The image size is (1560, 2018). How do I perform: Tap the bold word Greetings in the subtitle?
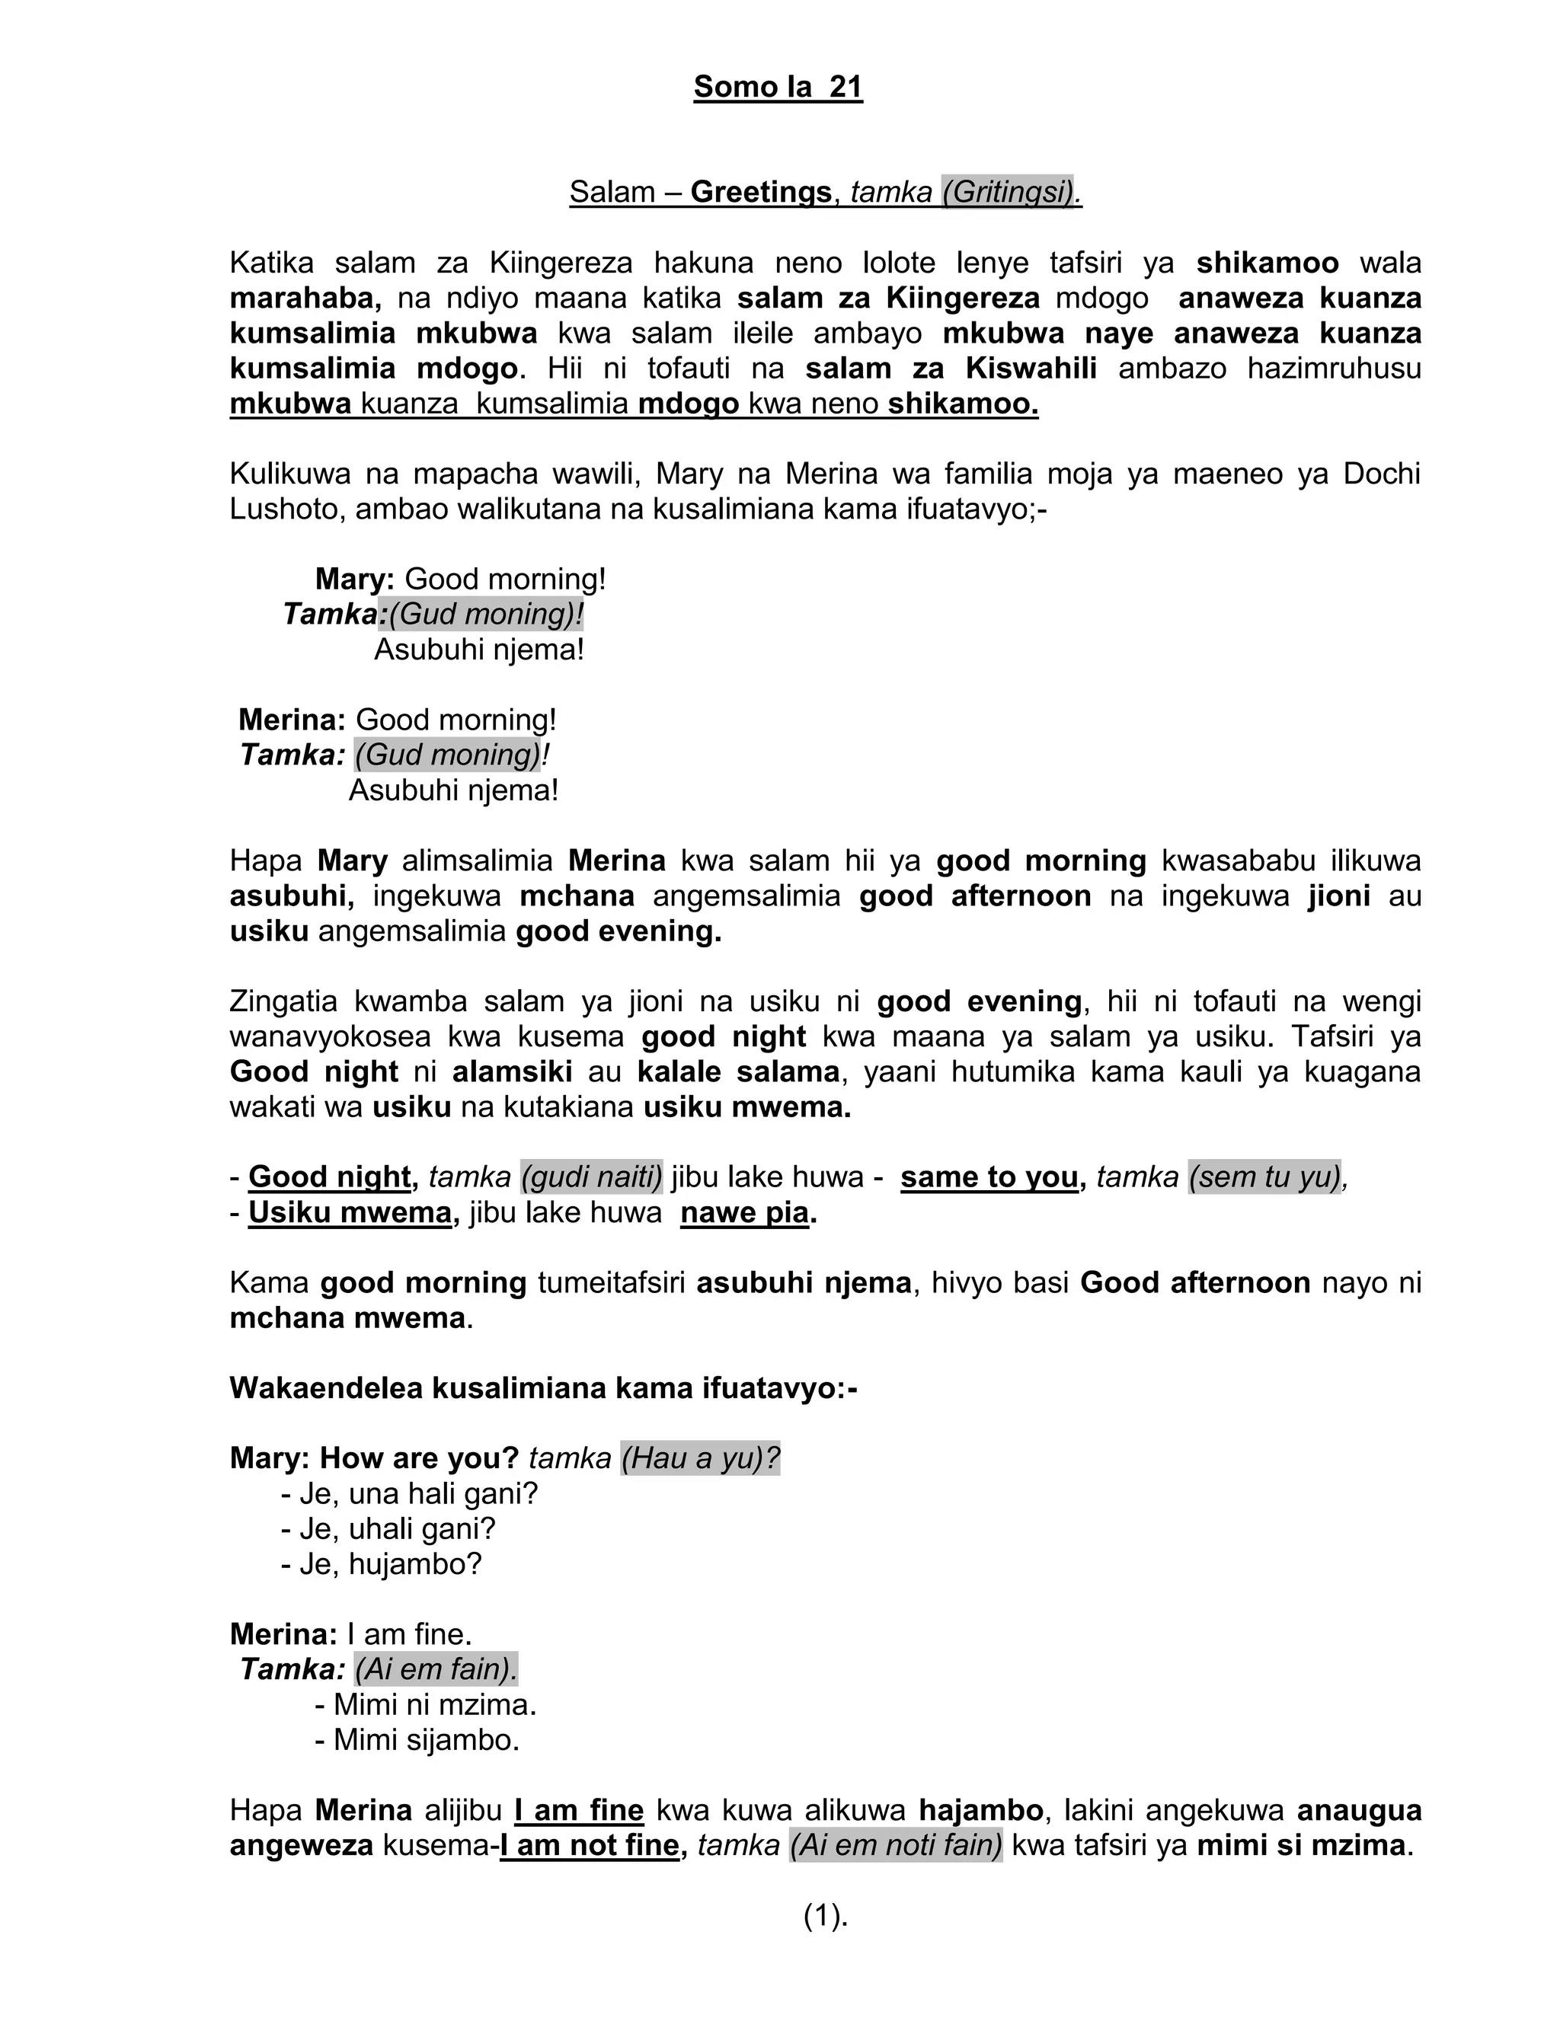point(761,192)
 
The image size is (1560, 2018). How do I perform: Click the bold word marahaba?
point(304,299)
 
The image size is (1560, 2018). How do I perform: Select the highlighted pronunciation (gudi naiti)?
point(591,1177)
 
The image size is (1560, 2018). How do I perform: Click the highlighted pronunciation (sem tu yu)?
point(1264,1177)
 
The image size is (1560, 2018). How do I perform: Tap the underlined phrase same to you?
point(989,1177)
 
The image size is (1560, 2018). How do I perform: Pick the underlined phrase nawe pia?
point(744,1212)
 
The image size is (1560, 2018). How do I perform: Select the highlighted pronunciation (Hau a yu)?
point(699,1459)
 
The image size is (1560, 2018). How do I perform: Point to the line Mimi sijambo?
point(417,1740)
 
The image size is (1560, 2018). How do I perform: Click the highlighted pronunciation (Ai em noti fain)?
point(896,1845)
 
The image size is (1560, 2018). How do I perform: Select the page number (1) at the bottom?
point(825,1917)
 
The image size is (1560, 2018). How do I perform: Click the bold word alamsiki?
point(512,1072)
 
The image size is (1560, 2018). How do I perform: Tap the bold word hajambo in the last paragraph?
point(980,1810)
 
